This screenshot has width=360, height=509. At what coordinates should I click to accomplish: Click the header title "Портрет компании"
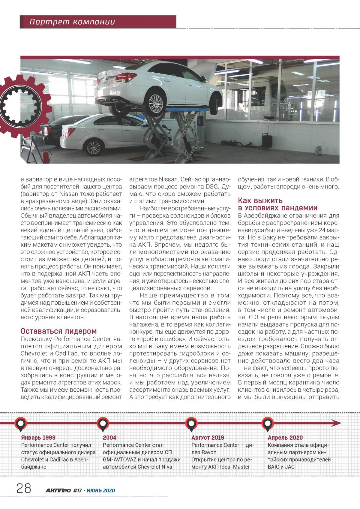72,22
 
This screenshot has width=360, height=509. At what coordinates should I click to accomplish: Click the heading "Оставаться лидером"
59,331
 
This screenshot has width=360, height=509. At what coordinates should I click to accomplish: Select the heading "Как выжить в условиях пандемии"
277,204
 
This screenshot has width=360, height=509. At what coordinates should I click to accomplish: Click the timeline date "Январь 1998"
38,438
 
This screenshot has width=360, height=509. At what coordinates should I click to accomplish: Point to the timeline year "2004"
109,438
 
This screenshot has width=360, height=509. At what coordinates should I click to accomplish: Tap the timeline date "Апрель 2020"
285,438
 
